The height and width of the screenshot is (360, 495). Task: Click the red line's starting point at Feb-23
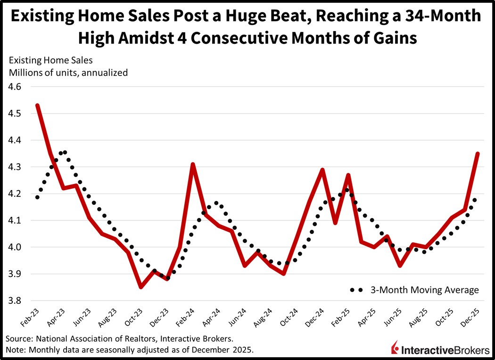pos(37,105)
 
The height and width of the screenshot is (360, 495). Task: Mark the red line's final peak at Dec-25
pos(478,153)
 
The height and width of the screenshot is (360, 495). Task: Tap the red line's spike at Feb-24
pos(193,164)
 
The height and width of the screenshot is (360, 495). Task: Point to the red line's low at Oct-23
pos(141,287)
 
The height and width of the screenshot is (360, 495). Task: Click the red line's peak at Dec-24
pos(322,169)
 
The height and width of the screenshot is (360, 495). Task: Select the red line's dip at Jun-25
pos(400,266)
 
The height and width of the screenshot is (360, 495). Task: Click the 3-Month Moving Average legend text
pos(425,290)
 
